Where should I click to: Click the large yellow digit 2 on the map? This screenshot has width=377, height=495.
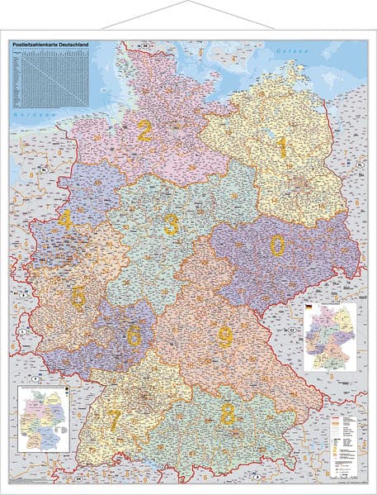[x=144, y=131]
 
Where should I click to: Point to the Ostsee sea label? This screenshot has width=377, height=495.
[x=291, y=51]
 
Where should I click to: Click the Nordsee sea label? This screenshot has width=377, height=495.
[x=30, y=117]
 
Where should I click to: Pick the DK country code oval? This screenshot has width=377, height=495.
[x=145, y=45]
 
